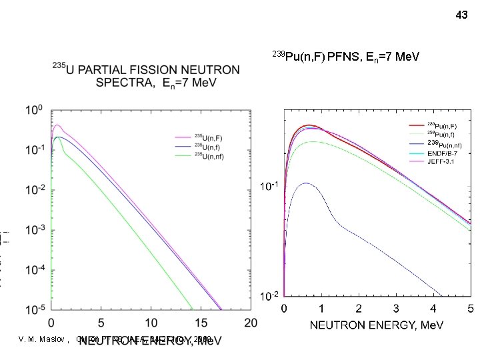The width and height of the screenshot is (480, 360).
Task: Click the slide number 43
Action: tap(461, 14)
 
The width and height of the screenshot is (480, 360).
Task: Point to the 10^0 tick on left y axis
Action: tap(33, 109)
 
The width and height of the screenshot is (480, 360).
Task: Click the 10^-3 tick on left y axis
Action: tap(33, 229)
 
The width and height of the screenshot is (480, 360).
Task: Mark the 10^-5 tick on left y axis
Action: tap(33, 309)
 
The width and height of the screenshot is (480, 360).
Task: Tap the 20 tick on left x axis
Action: tap(251, 323)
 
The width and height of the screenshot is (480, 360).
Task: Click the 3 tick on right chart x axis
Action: tap(396, 309)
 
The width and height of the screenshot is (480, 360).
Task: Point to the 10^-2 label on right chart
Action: tap(269, 296)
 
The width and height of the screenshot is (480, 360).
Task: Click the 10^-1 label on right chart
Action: tap(269, 187)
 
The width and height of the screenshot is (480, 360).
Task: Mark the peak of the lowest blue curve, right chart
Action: tap(305, 183)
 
